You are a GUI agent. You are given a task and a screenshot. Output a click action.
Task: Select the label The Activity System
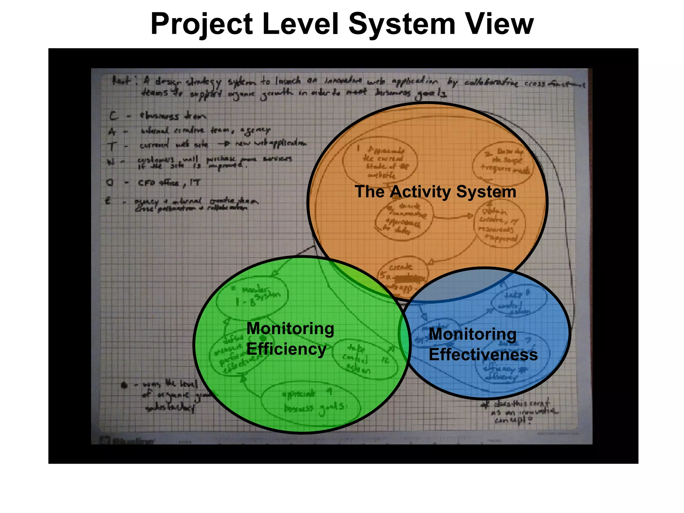tap(436, 192)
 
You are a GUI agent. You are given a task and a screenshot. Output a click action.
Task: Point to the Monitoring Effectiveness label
tap(483, 344)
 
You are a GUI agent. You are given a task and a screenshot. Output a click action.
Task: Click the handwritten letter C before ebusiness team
tap(114, 116)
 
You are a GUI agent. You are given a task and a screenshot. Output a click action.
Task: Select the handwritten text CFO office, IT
tap(169, 183)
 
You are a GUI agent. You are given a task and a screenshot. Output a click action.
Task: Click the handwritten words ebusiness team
tap(173, 116)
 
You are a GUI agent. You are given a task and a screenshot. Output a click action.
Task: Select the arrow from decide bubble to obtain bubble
tap(453, 217)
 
